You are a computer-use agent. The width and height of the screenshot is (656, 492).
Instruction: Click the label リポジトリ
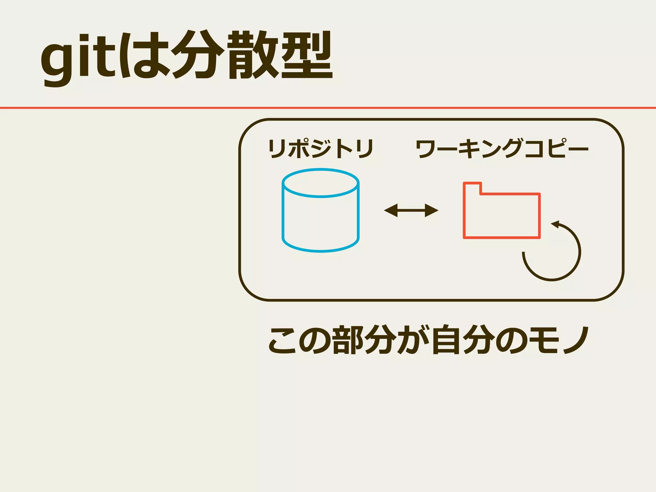pyautogui.click(x=321, y=149)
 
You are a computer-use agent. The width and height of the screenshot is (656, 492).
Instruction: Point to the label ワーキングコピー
pyautogui.click(x=502, y=149)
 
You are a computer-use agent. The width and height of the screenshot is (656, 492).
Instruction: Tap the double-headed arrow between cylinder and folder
pyautogui.click(x=411, y=210)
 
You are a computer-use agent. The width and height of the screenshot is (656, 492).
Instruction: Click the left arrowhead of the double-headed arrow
pyautogui.click(x=390, y=210)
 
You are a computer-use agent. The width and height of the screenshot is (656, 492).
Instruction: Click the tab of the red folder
pyautogui.click(x=472, y=188)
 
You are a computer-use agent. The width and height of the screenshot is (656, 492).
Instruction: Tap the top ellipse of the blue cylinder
pyautogui.click(x=321, y=183)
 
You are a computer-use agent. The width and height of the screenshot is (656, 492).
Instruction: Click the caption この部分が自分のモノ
pyautogui.click(x=429, y=340)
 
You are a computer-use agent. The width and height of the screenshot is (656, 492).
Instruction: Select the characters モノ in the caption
pyautogui.click(x=559, y=340)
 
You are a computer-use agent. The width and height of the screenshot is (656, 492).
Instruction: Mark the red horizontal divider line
pyautogui.click(x=328, y=108)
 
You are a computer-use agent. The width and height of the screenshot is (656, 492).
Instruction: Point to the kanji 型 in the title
pyautogui.click(x=307, y=55)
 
